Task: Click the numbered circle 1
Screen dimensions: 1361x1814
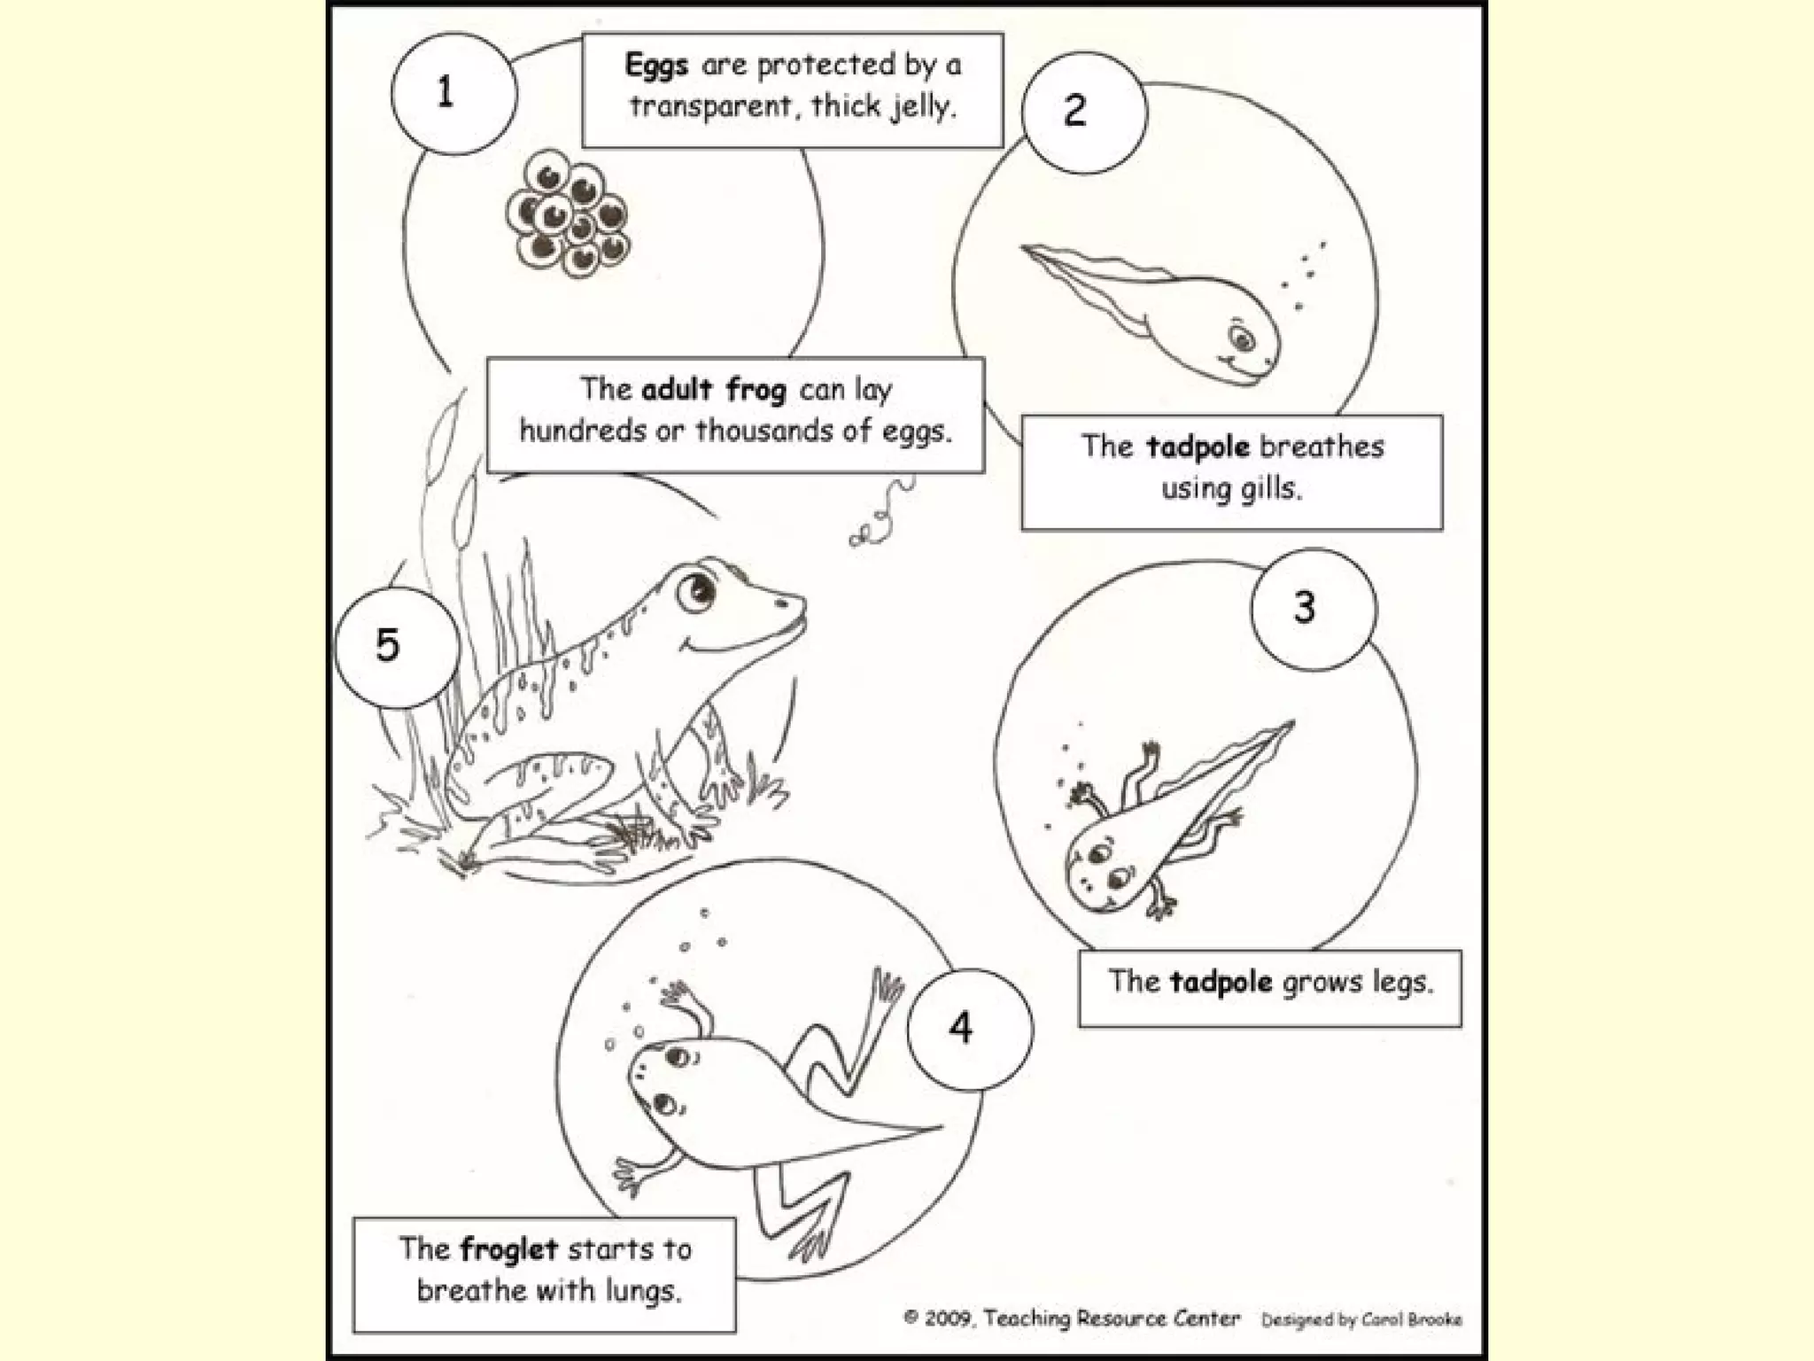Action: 453,92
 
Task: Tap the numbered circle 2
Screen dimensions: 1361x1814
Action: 1083,112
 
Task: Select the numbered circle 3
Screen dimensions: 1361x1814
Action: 1313,608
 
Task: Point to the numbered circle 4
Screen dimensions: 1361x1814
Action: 969,1029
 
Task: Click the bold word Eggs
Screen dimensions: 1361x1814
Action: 656,66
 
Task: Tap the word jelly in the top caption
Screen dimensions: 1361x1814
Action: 925,107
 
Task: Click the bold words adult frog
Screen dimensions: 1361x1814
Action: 714,390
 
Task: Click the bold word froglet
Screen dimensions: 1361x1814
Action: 509,1249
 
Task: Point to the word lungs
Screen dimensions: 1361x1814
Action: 643,1291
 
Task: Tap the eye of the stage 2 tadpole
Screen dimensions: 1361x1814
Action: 1241,338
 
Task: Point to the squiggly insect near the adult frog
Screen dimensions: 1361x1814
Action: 882,514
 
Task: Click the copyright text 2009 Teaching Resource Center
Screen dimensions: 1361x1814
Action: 1071,1318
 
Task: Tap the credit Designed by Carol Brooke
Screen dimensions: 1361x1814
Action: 1361,1320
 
